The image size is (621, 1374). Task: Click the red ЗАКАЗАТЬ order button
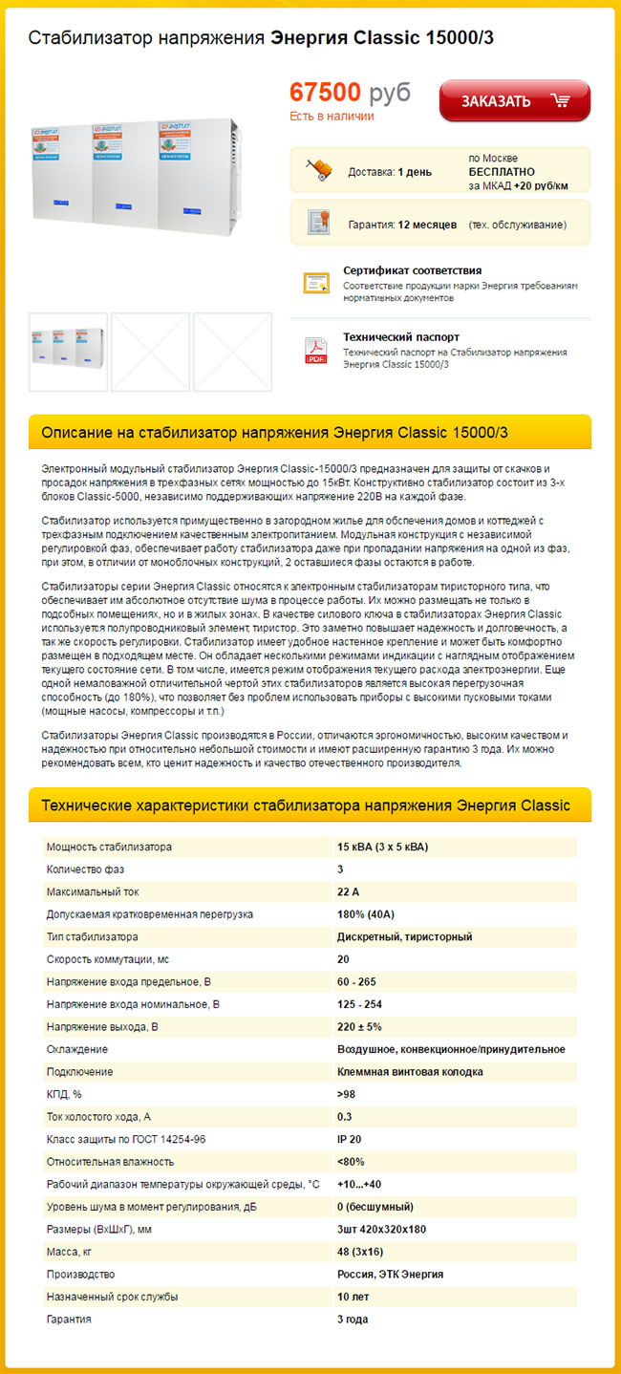[x=514, y=101]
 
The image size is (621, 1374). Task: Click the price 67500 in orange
[x=325, y=93]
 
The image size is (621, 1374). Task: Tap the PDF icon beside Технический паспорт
[x=316, y=351]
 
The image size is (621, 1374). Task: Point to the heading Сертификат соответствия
[x=412, y=270]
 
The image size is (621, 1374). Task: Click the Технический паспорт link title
[x=401, y=337]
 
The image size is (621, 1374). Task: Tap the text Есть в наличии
[x=332, y=117]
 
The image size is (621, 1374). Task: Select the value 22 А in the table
[x=348, y=892]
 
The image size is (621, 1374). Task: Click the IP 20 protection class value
[x=350, y=1139]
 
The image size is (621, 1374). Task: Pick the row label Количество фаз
[x=85, y=869]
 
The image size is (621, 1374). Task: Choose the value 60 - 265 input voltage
[x=356, y=981]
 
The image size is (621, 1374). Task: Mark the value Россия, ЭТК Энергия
[x=390, y=1275]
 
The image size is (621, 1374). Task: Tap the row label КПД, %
[x=64, y=1094]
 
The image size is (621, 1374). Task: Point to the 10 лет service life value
[x=353, y=1297]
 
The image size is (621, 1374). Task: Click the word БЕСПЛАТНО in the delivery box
[x=502, y=172]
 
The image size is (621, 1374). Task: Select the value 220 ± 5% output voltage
[x=359, y=1027]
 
